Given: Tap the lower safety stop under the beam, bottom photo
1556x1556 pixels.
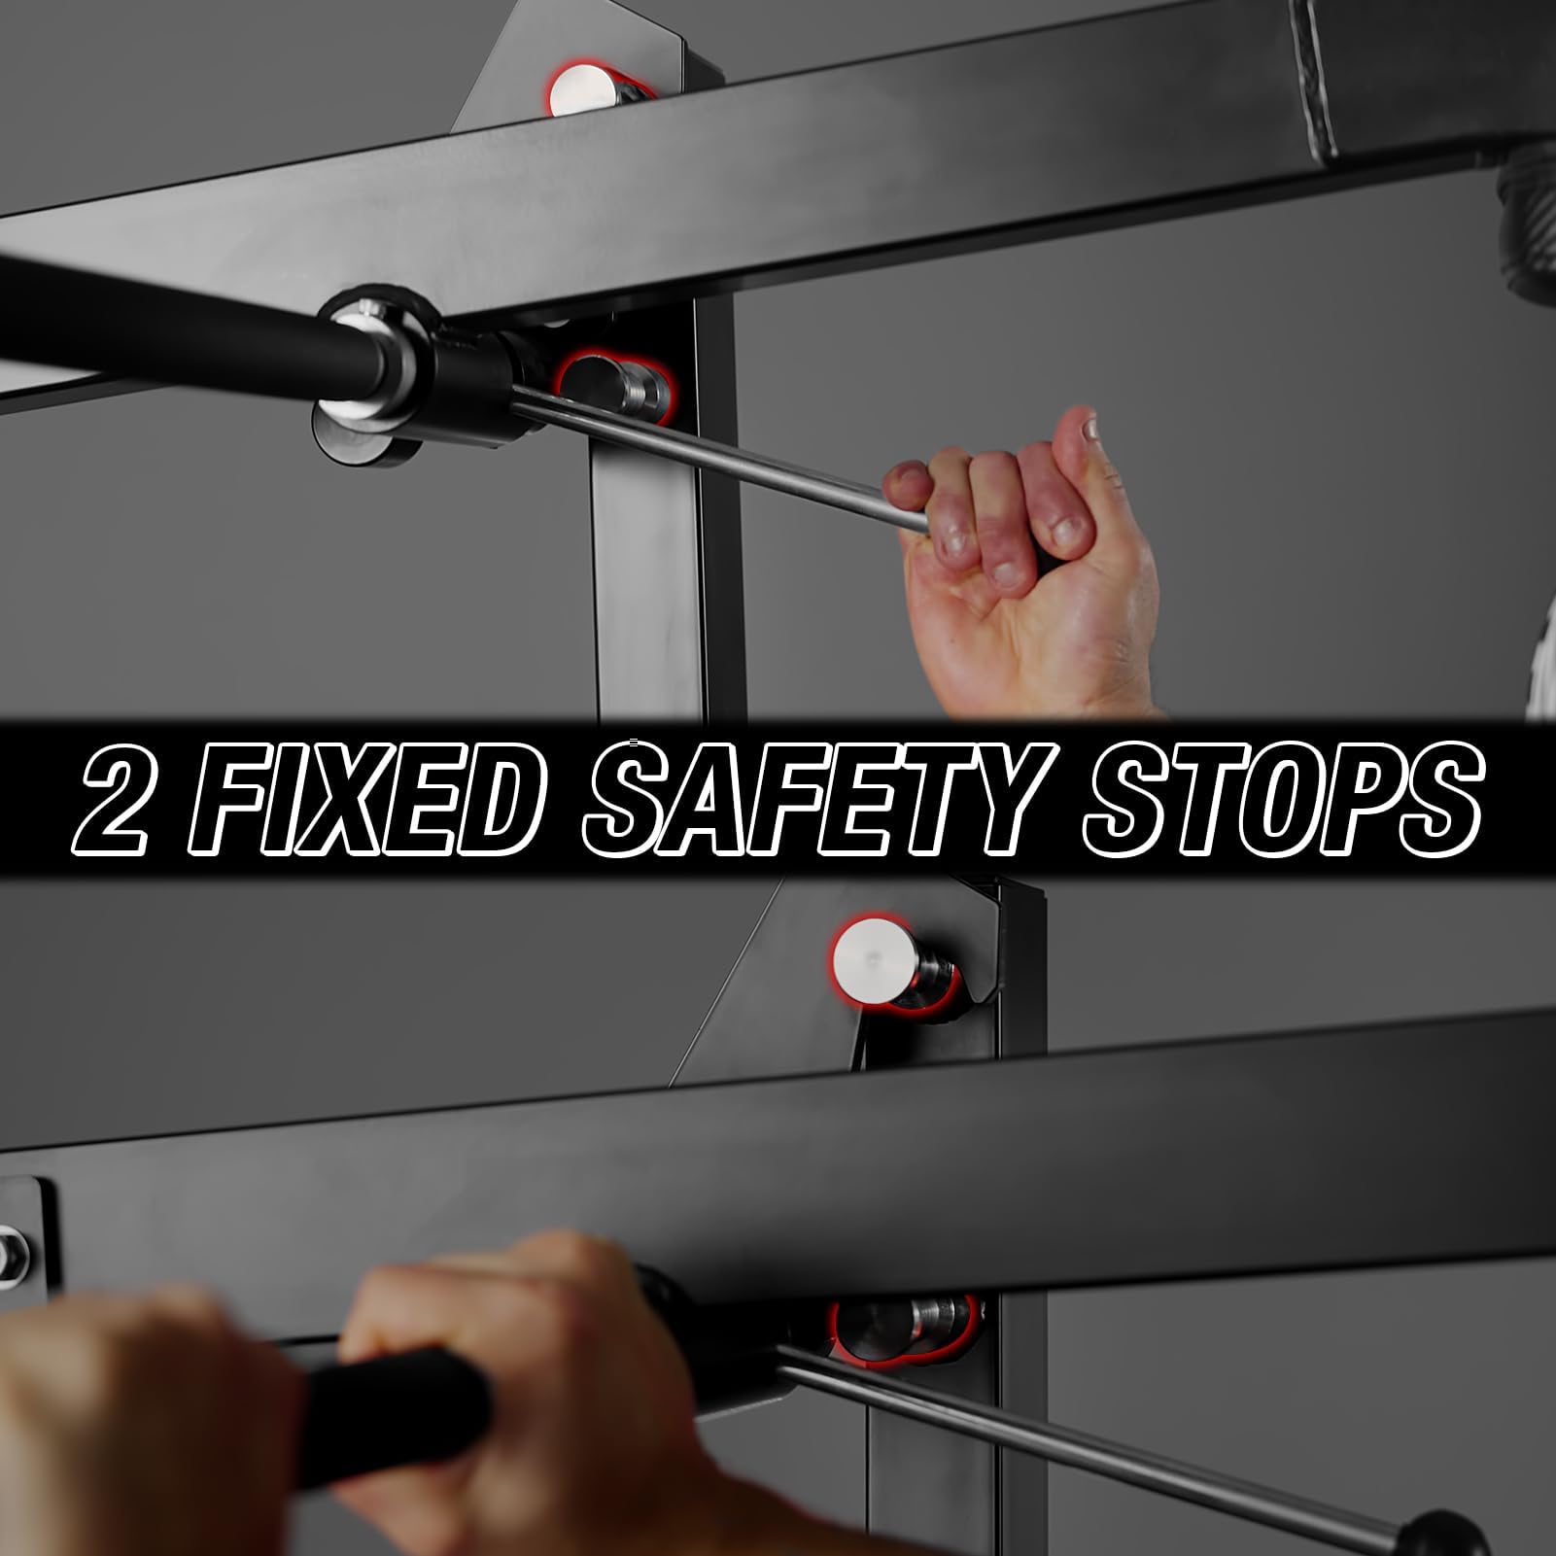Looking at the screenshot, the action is (x=902, y=1328).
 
